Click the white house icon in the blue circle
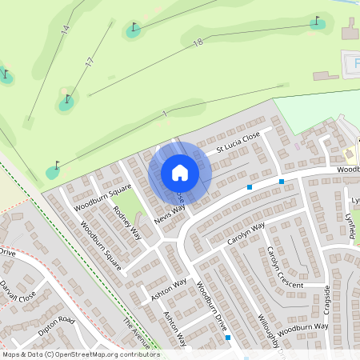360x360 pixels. click(180, 172)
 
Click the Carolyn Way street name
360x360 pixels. click(246, 234)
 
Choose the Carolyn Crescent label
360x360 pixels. click(285, 268)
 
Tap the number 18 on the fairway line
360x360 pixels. click(198, 42)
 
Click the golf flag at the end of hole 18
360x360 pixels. click(318, 21)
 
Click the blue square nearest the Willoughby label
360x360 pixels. click(229, 338)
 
